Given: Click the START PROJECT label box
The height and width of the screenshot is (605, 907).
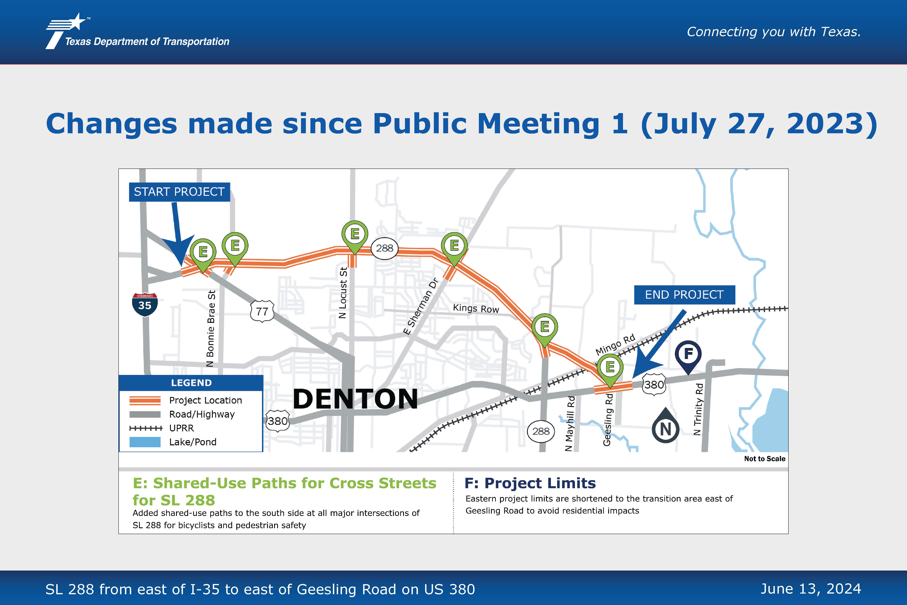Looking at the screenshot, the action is point(179,192).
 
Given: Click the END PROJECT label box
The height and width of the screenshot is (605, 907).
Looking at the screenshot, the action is point(684,295).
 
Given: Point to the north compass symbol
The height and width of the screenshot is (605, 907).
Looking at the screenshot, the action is point(666,426).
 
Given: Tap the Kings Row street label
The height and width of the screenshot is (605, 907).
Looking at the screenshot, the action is point(476,308).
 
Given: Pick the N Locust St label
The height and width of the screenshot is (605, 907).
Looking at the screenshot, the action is point(342,292).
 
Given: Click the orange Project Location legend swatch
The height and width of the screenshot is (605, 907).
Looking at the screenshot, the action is point(145,400).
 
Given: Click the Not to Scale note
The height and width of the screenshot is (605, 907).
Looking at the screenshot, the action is point(765,459).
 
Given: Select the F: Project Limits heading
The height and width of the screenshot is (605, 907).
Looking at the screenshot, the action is point(530,483).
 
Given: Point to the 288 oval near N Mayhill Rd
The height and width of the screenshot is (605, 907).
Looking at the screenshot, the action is point(541,431).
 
